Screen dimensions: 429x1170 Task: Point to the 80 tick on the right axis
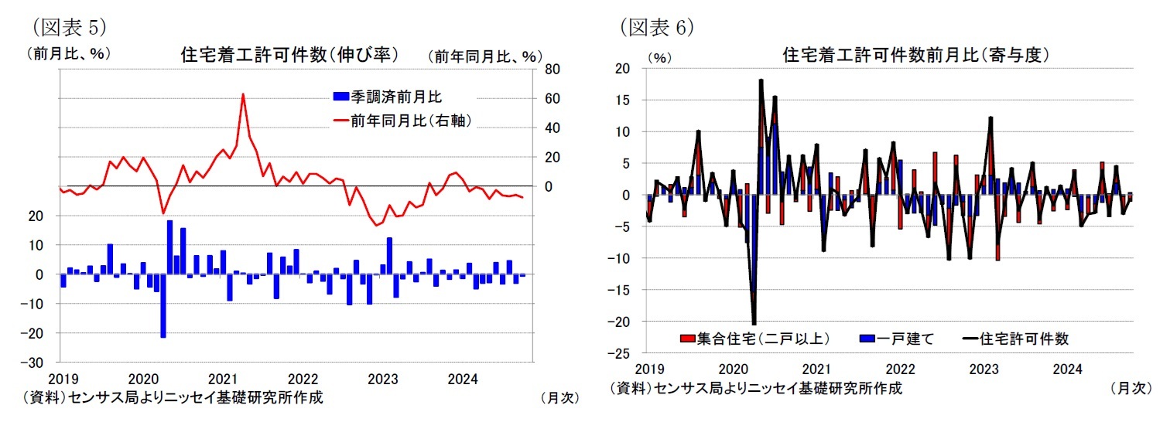(x=552, y=70)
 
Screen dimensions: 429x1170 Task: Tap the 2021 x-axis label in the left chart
(x=223, y=379)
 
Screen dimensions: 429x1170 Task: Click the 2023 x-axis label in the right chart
(x=984, y=370)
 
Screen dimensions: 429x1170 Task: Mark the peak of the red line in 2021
(x=243, y=94)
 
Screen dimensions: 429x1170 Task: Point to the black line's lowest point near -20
(x=754, y=324)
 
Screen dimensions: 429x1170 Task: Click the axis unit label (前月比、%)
(x=68, y=53)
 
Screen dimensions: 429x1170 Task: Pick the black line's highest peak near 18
(x=761, y=80)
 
